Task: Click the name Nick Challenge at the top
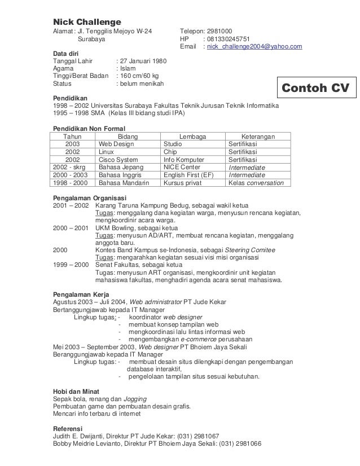83,21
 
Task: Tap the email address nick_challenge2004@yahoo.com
253,46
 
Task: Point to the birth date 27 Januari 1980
142,60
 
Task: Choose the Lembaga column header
192,137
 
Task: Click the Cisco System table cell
118,160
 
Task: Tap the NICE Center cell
181,168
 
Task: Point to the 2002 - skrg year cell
72,168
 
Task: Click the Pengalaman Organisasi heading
89,198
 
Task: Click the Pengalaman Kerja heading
81,294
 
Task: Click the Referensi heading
67,428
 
